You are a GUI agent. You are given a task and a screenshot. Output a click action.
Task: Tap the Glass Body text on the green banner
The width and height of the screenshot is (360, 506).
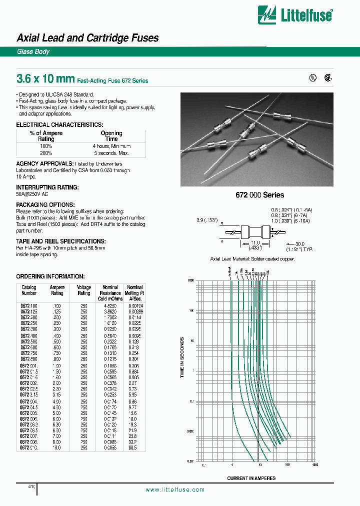(33, 52)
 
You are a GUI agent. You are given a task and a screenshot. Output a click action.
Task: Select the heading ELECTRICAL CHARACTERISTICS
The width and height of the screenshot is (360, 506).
(59, 124)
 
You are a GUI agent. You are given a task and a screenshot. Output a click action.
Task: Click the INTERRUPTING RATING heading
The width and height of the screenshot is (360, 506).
(47, 187)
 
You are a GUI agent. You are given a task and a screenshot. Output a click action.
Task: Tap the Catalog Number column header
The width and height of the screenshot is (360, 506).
(29, 290)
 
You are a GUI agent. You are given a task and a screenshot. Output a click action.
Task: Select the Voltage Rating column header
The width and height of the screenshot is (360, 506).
(83, 290)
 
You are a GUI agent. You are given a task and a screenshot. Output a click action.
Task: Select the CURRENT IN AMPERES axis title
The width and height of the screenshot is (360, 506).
(251, 478)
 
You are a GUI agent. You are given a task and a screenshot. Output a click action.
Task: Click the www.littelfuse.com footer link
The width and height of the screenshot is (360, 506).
(175, 489)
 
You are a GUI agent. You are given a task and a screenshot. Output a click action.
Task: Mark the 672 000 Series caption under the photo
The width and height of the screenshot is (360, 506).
(260, 195)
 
